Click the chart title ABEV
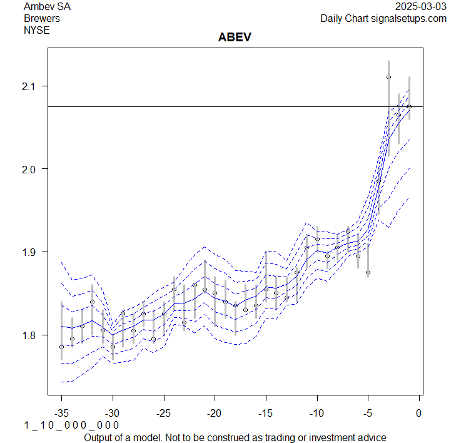coord(235,37)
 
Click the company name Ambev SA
coord(46,7)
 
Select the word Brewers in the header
coord(42,18)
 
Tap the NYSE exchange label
coord(36,29)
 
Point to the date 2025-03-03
coord(421,7)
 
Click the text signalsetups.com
coord(410,18)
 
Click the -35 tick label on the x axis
coord(61,413)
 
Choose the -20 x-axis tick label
coord(215,413)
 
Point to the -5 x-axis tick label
coord(368,413)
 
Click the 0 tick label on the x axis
coord(419,413)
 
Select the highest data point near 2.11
coord(388,78)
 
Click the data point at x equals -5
coord(368,273)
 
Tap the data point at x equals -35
coord(61,347)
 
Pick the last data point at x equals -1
coord(409,106)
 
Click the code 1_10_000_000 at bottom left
coord(71,425)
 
